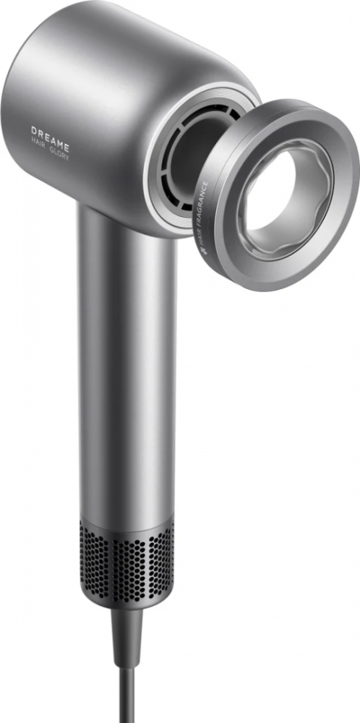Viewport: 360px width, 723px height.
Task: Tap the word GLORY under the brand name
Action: pyautogui.click(x=59, y=153)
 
